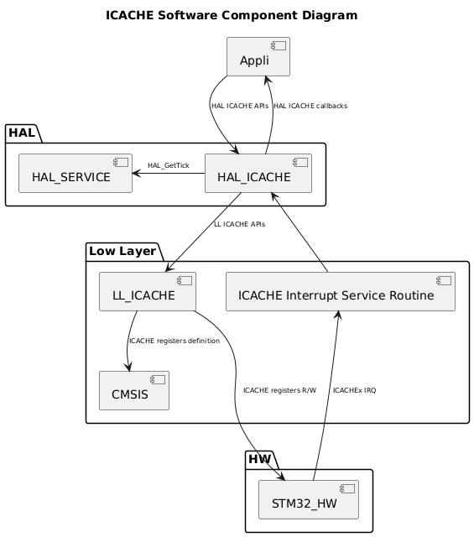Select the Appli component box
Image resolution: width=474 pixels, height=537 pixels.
coord(258,57)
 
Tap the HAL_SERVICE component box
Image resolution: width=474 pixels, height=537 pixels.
coord(76,174)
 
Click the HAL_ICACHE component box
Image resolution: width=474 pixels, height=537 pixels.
coord(258,174)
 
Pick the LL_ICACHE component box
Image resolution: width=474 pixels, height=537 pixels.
coord(147,291)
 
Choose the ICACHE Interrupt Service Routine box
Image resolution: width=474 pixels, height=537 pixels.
coord(340,291)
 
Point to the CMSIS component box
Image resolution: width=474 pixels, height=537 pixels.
coord(133,390)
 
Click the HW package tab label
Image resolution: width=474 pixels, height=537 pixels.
coord(261,459)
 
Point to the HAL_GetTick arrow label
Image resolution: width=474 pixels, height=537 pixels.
coord(168,165)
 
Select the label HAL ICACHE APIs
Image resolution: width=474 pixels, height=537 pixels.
coord(239,106)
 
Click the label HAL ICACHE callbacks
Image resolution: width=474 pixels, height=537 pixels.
coord(310,106)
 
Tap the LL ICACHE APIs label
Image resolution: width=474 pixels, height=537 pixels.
coord(239,224)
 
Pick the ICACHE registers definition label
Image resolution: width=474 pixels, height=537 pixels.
coord(174,341)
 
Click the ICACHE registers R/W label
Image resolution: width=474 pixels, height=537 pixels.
coord(279,390)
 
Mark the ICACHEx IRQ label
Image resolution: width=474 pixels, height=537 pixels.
coord(354,390)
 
